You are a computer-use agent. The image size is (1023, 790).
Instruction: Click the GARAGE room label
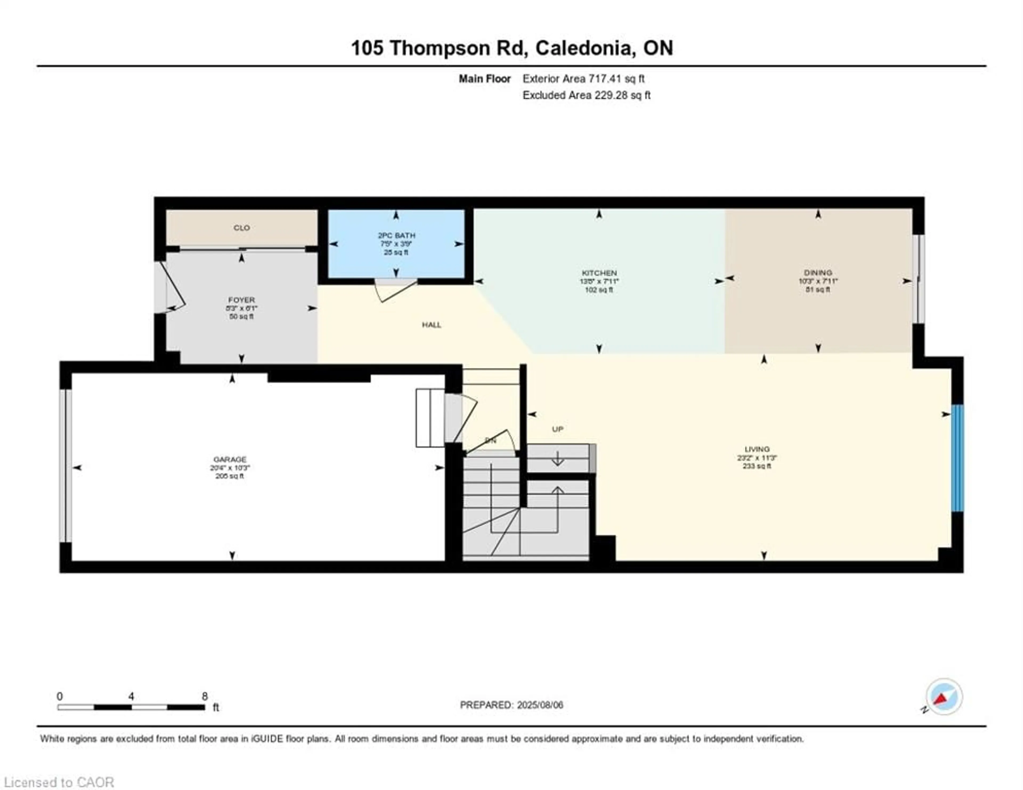point(230,459)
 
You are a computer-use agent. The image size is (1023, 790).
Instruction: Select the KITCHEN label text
point(599,273)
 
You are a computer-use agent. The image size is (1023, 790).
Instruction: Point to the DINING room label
point(818,273)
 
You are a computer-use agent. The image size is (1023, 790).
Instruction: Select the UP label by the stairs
point(557,429)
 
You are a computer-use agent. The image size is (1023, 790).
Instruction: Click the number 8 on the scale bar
point(205,696)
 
